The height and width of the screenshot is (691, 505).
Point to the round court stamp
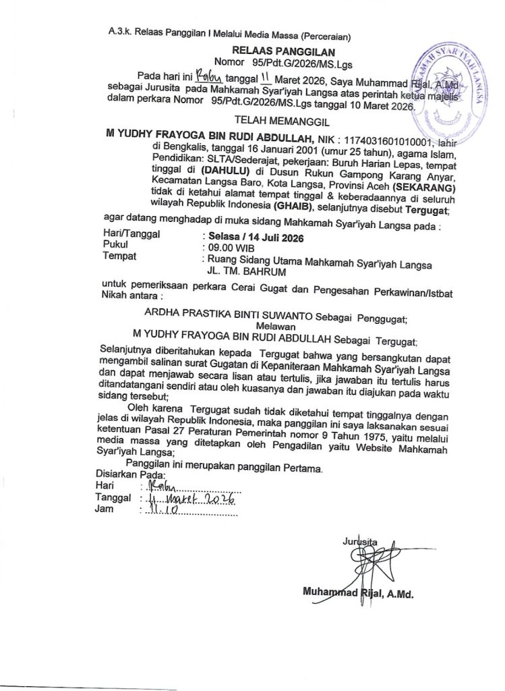point(450,88)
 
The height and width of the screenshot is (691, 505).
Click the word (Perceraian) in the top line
point(329,33)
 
